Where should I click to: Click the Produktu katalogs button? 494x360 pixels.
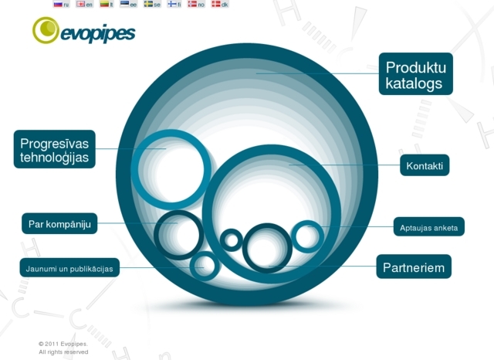pyautogui.click(x=415, y=73)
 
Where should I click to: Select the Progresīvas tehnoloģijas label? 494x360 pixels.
pyautogui.click(x=55, y=149)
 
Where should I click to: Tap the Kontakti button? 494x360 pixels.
pyautogui.click(x=425, y=165)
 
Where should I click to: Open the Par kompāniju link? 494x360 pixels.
pyautogui.click(x=59, y=223)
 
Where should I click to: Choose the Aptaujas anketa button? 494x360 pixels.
pyautogui.click(x=429, y=226)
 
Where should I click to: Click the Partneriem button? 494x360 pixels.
pyautogui.click(x=414, y=267)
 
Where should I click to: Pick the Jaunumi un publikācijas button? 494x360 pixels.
pyautogui.click(x=69, y=268)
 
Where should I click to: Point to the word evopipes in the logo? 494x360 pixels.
pyautogui.click(x=98, y=34)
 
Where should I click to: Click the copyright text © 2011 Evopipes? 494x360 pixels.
pyautogui.click(x=63, y=344)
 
